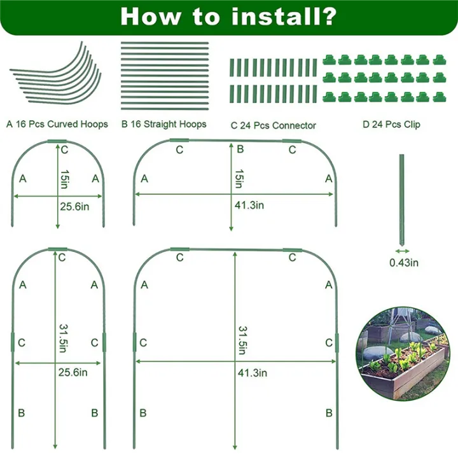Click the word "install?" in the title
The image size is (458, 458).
click(284, 16)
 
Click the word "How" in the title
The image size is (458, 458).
click(149, 16)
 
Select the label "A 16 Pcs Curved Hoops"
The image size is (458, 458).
click(57, 124)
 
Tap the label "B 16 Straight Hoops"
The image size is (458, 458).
click(163, 124)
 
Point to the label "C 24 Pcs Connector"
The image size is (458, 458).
click(274, 125)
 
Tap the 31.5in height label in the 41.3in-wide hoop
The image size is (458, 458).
click(243, 341)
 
